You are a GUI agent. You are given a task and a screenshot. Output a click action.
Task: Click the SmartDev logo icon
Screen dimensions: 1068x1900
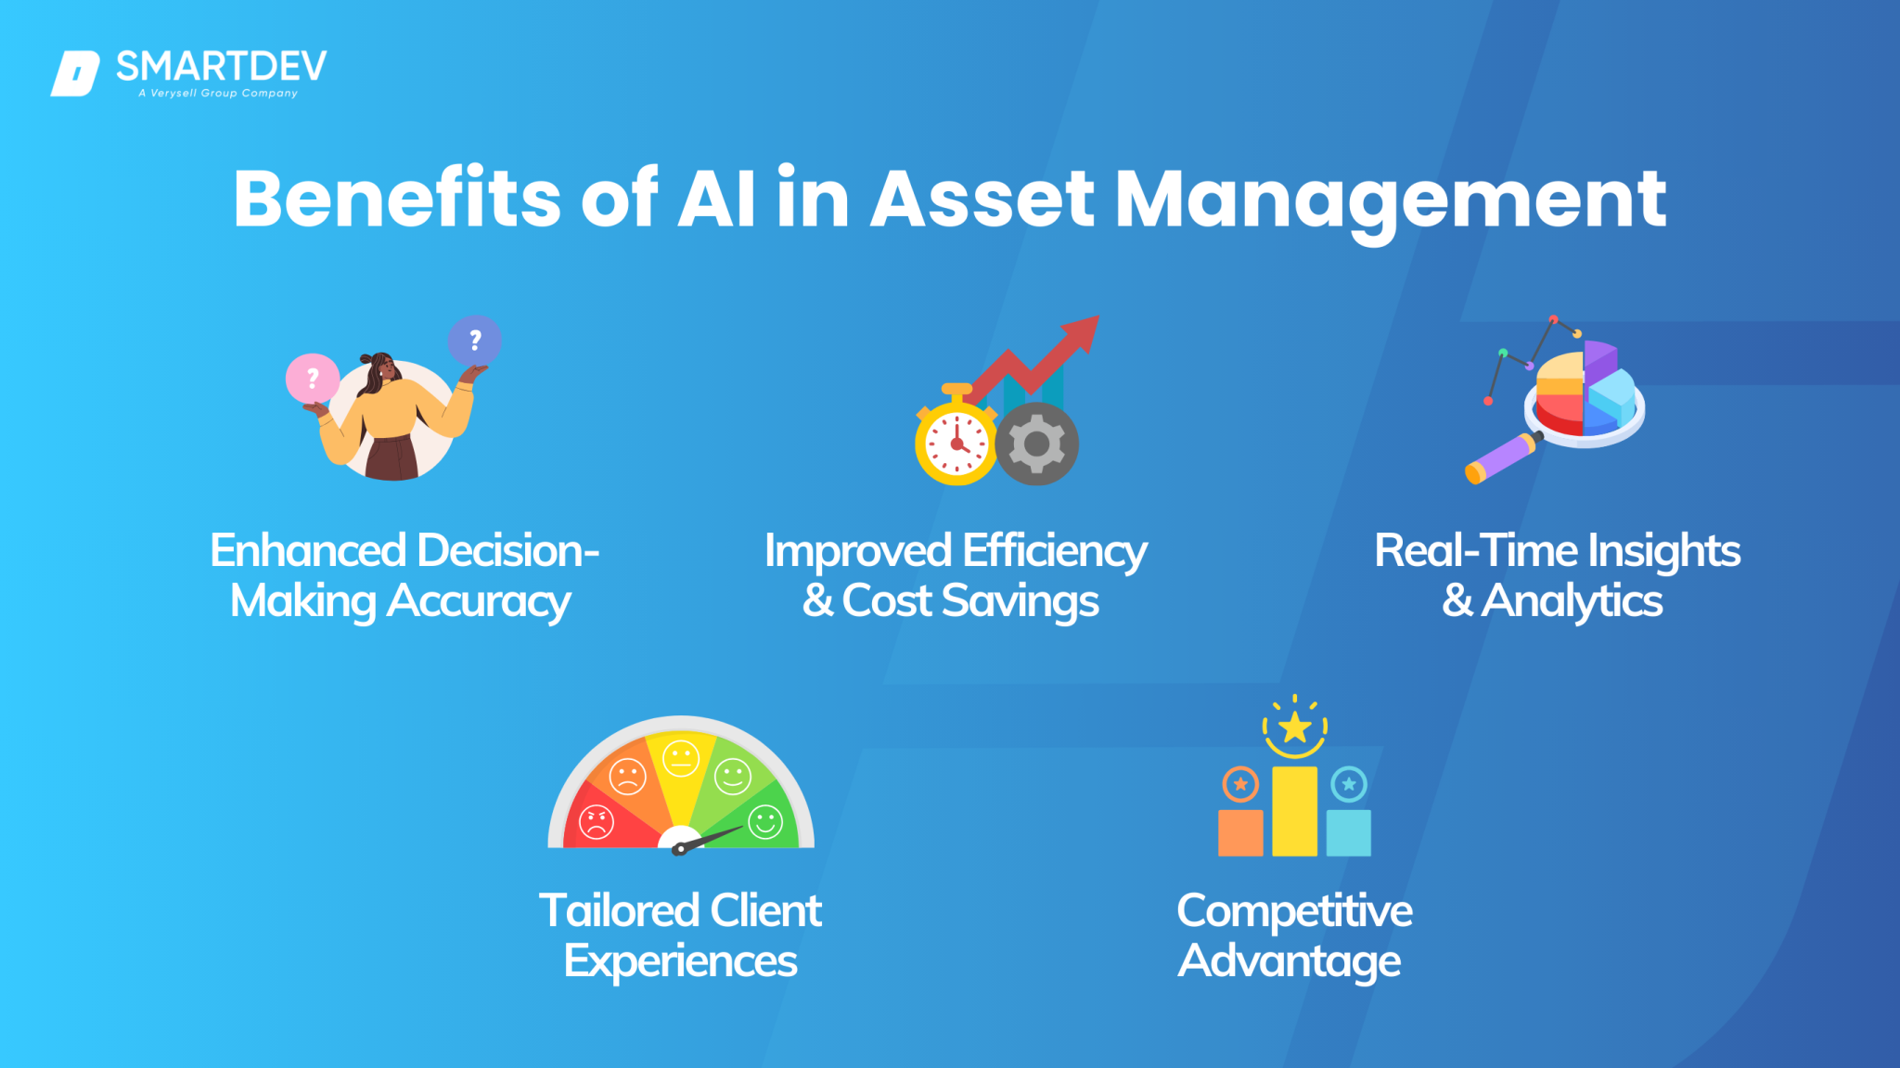(x=75, y=73)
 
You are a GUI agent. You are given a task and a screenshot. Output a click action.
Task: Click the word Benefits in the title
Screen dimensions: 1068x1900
(x=397, y=199)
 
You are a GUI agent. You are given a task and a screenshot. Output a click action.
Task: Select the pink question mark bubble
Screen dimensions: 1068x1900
(x=313, y=379)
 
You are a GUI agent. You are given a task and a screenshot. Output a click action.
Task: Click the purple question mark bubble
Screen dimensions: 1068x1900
(x=475, y=341)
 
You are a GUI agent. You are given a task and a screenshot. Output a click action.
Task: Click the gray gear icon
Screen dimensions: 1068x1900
(x=1037, y=444)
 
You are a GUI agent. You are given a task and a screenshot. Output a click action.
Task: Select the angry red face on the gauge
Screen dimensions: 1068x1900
(x=597, y=822)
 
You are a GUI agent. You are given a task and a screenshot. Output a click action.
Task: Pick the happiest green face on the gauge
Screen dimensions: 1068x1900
(x=765, y=822)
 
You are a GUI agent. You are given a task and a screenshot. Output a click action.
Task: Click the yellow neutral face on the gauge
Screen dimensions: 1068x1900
(x=681, y=759)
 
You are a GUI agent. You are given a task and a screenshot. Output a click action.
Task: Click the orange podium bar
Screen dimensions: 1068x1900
(x=1240, y=832)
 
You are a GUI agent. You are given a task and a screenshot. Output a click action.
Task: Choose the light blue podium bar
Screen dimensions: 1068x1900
(x=1348, y=832)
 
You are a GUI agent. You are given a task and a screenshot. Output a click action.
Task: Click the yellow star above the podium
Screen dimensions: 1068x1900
(x=1294, y=727)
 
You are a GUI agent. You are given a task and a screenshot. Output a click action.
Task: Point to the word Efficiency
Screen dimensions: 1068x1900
(x=1055, y=551)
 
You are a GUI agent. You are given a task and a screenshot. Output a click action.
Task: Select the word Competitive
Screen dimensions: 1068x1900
(x=1294, y=911)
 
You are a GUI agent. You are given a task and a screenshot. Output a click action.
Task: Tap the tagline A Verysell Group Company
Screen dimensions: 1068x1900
(x=218, y=94)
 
